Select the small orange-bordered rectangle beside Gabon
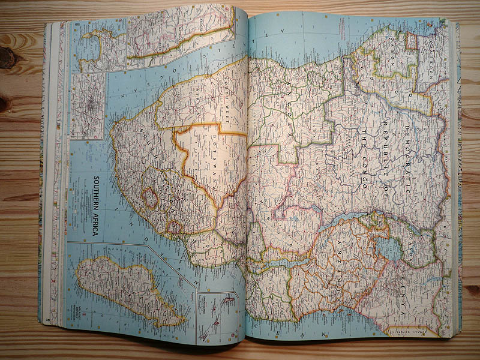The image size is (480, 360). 412,41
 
